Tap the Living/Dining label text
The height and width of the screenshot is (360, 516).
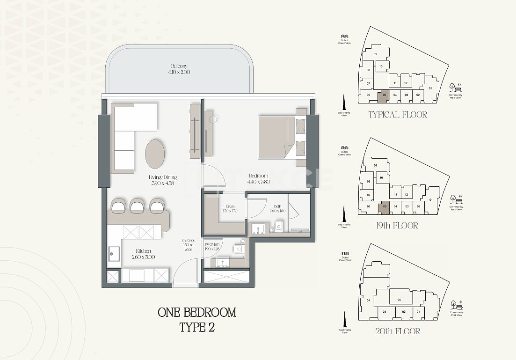pos(163,177)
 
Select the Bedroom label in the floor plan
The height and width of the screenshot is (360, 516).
pos(258,176)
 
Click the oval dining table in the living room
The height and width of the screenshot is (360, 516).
pos(155,154)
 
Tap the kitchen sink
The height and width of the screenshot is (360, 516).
pos(114,254)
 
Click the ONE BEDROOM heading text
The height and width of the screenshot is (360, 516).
pos(197,312)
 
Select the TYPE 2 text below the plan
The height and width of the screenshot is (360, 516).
pos(197,327)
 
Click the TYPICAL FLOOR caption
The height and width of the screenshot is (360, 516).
pos(397,114)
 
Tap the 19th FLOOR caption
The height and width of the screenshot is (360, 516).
pos(397,226)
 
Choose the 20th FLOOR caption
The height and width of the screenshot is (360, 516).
pos(397,331)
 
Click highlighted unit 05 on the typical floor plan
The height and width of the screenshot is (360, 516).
pos(383,95)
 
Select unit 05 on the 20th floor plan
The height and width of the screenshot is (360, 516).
pos(399,300)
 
